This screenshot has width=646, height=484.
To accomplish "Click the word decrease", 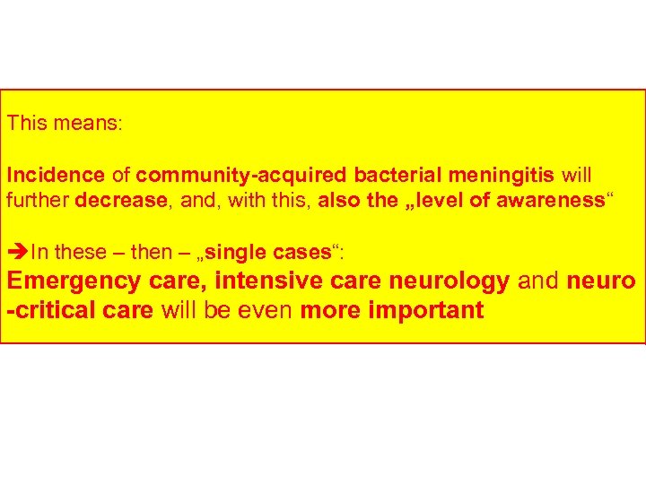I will (x=124, y=200).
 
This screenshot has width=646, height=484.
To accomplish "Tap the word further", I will (x=39, y=200).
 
